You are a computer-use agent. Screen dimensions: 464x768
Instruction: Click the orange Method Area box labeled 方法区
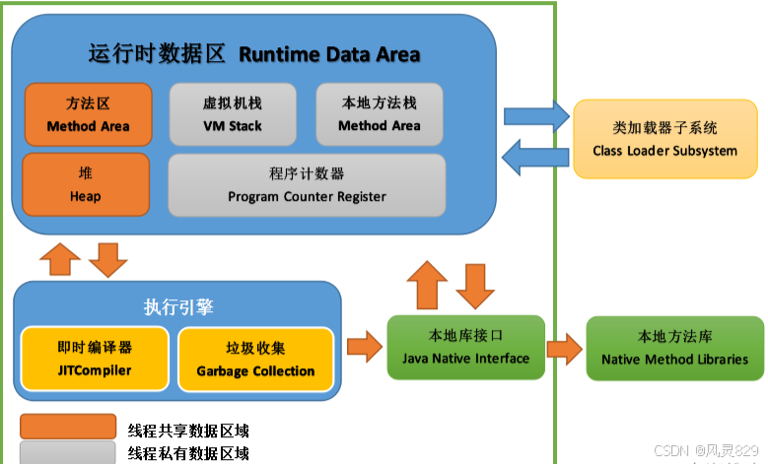point(88,114)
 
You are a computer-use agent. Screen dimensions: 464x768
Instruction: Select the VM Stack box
point(232,114)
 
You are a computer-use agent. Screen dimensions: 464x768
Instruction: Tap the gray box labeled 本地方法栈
point(379,114)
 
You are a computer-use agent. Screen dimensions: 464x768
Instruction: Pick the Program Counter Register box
point(307,184)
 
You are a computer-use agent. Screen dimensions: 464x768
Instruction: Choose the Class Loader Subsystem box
point(664,139)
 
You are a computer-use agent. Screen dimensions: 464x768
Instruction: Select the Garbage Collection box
point(255,359)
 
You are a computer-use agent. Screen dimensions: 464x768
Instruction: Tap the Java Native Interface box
point(465,347)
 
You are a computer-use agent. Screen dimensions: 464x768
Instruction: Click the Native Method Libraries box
point(674,347)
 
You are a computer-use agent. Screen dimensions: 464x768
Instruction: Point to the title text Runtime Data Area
point(329,54)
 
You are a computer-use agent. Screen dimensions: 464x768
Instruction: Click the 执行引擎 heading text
point(178,305)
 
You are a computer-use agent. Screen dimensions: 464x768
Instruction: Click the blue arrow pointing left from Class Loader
point(535,155)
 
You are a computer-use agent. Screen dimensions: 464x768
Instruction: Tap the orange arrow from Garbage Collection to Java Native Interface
point(364,347)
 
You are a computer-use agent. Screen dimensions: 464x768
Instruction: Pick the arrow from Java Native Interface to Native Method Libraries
point(565,347)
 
